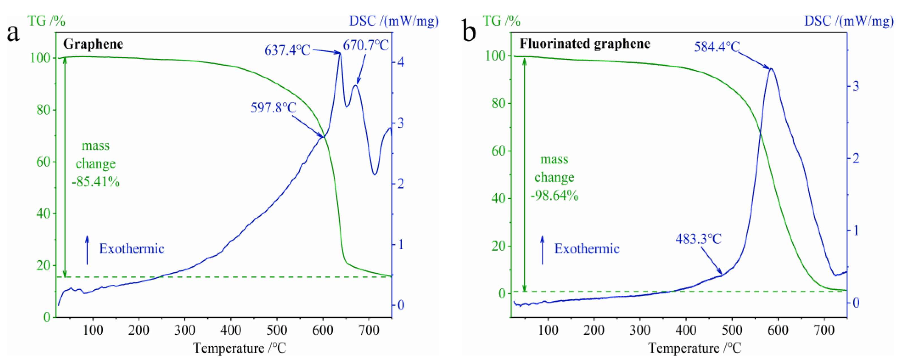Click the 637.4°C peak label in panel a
[287, 50]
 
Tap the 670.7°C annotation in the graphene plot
[365, 45]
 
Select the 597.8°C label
[273, 108]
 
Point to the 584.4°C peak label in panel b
[716, 46]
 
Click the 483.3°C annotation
[698, 239]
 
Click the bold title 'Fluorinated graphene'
[585, 44]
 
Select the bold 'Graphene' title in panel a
[93, 44]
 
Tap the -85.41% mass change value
[96, 182]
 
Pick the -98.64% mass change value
[554, 195]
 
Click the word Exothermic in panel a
[132, 249]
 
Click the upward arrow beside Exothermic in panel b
[542, 250]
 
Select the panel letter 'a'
[13, 33]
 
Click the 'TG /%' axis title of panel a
[46, 21]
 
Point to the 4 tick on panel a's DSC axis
[401, 63]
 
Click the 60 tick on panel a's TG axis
[44, 162]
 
